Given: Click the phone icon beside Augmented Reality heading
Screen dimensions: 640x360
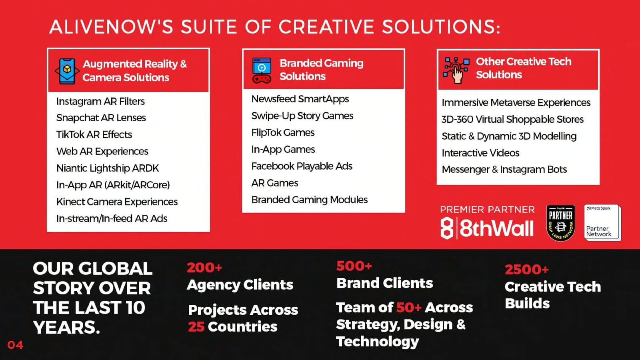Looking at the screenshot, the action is click(x=67, y=71).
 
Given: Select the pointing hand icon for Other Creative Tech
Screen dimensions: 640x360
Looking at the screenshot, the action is click(x=456, y=70).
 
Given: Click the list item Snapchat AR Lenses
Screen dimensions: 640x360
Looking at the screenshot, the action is click(x=101, y=118).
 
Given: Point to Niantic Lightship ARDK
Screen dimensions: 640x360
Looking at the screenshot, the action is click(x=108, y=168).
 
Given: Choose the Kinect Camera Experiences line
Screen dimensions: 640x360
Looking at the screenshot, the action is click(x=117, y=202).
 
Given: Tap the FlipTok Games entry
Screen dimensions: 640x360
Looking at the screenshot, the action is click(x=283, y=132).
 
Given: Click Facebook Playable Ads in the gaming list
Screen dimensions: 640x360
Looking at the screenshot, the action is click(x=302, y=166).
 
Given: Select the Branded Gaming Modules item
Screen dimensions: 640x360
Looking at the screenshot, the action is click(x=310, y=200).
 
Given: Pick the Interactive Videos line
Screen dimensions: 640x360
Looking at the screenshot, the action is click(x=480, y=153).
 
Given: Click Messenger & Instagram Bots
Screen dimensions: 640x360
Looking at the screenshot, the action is click(x=504, y=170).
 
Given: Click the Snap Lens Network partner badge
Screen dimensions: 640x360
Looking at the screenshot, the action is click(x=560, y=223).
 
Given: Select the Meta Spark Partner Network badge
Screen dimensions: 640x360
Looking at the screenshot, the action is click(x=602, y=222).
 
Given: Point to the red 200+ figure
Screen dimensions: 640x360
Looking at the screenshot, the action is click(x=204, y=268).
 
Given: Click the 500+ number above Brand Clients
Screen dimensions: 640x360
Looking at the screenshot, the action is click(x=354, y=266).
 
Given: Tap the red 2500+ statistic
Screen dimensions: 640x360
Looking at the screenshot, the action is click(x=526, y=270).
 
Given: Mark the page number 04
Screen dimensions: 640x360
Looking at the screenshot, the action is click(x=16, y=345).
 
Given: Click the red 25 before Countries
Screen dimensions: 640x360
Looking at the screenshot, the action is click(x=196, y=326).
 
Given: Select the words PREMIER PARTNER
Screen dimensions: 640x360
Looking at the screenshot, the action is click(x=487, y=210).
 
